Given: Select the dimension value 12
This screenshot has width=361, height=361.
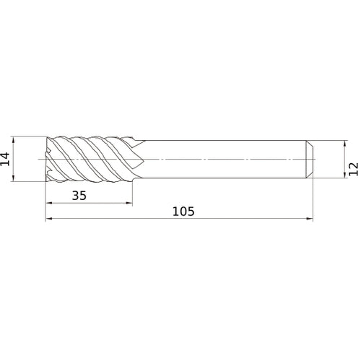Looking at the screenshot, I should (352, 168).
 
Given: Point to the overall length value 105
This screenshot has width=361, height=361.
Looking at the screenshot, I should (183, 212).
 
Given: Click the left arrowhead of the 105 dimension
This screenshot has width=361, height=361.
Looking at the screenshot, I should (49, 219).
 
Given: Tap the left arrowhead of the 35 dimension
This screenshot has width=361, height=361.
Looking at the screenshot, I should (49, 204).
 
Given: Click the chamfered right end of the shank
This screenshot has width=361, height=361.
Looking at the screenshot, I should (310, 158).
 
